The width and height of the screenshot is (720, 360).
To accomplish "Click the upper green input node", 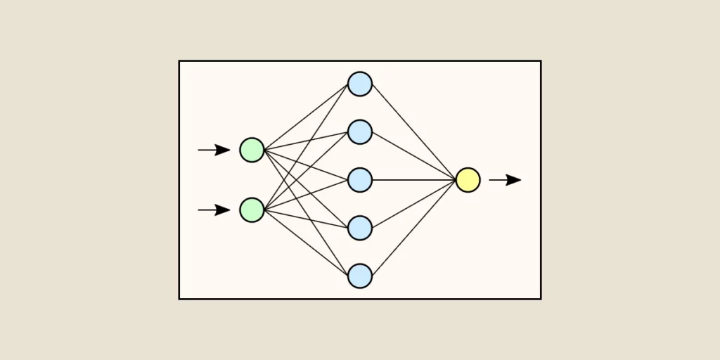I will click(x=252, y=150).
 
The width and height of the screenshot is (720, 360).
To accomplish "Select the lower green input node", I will click(x=252, y=210).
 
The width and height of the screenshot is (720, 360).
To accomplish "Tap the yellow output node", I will click(x=468, y=180).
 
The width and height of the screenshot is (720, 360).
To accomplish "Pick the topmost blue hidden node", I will click(x=360, y=84).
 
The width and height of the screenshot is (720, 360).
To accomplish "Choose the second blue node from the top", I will click(x=360, y=131).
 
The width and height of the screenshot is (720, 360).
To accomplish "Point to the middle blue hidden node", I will click(x=360, y=180).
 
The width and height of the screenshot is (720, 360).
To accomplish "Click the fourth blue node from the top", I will click(x=360, y=228).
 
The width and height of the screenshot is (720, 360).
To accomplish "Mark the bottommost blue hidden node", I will click(x=360, y=276).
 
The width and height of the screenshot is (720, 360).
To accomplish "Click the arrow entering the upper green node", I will click(x=213, y=150).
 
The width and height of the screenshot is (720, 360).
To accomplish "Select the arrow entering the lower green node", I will click(x=213, y=210).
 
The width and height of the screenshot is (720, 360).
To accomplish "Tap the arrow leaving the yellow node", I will click(x=505, y=180).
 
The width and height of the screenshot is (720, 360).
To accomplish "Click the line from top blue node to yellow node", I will click(x=415, y=132).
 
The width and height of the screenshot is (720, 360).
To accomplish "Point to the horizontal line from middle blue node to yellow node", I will click(x=415, y=180).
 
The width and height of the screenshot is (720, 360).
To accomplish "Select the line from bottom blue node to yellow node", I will click(x=415, y=227).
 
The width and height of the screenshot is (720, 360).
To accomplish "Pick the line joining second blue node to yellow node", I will click(x=415, y=156).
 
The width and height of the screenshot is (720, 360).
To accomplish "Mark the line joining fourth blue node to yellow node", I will click(x=415, y=203).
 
